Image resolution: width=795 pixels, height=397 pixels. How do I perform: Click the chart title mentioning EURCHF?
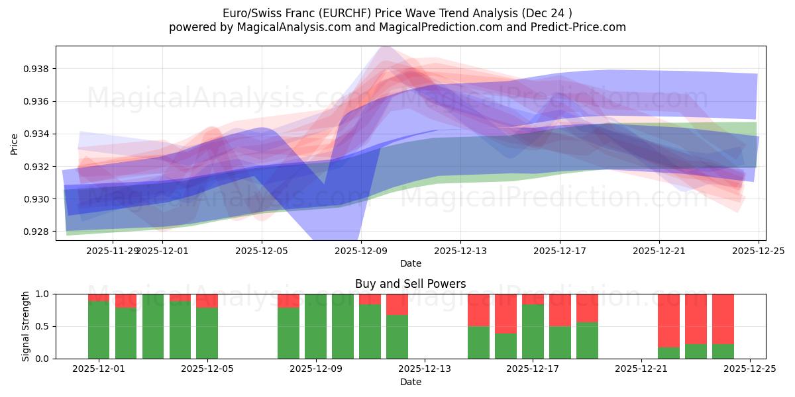pyautogui.click(x=397, y=13)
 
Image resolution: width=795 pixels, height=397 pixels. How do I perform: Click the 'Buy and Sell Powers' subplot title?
pyautogui.click(x=410, y=284)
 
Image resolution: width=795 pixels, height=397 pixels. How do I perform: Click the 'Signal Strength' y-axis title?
pyautogui.click(x=26, y=326)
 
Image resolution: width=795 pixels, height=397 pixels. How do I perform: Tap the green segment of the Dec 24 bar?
pyautogui.click(x=723, y=351)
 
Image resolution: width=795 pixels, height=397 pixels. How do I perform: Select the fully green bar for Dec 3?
pyautogui.click(x=153, y=326)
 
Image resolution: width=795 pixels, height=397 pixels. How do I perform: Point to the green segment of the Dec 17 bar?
pyautogui.click(x=533, y=331)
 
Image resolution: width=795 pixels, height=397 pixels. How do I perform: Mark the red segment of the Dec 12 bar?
pyautogui.click(x=397, y=304)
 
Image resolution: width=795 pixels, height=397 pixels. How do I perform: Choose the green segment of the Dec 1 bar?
pyautogui.click(x=99, y=330)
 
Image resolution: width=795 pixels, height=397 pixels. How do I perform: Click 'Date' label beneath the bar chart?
pyautogui.click(x=410, y=382)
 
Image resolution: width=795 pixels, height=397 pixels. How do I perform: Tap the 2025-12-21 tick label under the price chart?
pyautogui.click(x=659, y=251)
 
